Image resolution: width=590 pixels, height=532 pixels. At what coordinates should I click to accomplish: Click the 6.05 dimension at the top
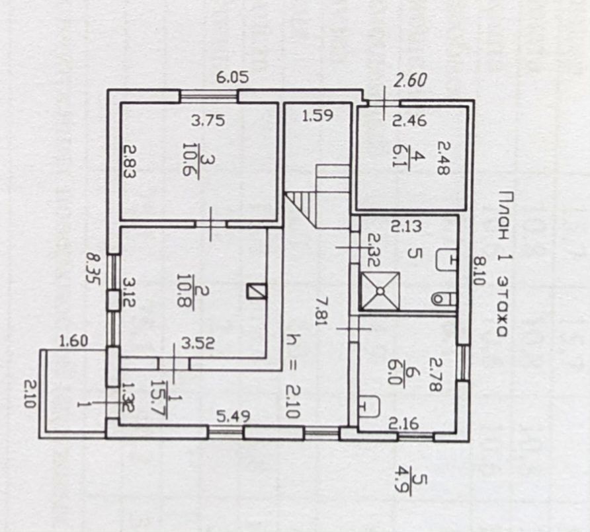tap(232, 77)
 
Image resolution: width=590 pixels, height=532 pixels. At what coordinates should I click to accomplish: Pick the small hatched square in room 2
tap(255, 292)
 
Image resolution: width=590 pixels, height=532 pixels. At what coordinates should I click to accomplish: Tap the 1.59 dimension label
tap(317, 118)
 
